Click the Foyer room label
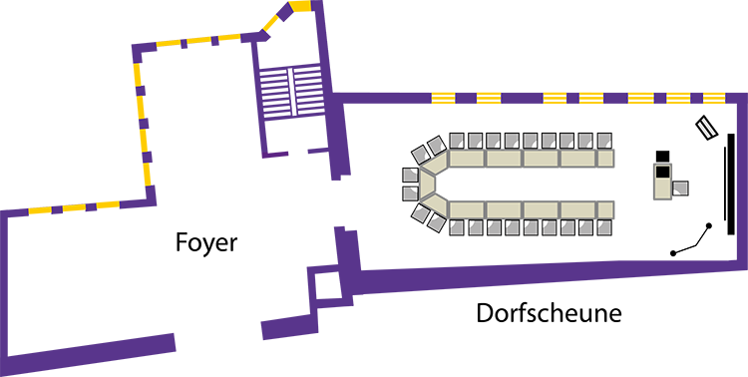pos(206,243)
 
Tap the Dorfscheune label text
pos(550,313)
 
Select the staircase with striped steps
pos(291,91)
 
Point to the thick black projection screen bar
pos(731,185)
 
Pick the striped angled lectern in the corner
pos(706,128)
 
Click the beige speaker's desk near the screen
pos(662,181)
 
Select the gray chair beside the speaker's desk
pos(680,188)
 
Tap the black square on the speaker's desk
pos(663,172)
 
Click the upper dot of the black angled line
pos(709,225)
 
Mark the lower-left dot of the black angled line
pos(673,253)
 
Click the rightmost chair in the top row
pos(604,141)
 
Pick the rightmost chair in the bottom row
pos(604,227)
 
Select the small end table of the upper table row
pos(605,159)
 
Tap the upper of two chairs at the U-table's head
pos(410,175)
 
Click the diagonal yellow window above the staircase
pos(271,22)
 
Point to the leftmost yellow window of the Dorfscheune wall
pos(443,98)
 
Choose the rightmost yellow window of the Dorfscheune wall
pos(714,98)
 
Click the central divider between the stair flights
pos(291,91)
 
